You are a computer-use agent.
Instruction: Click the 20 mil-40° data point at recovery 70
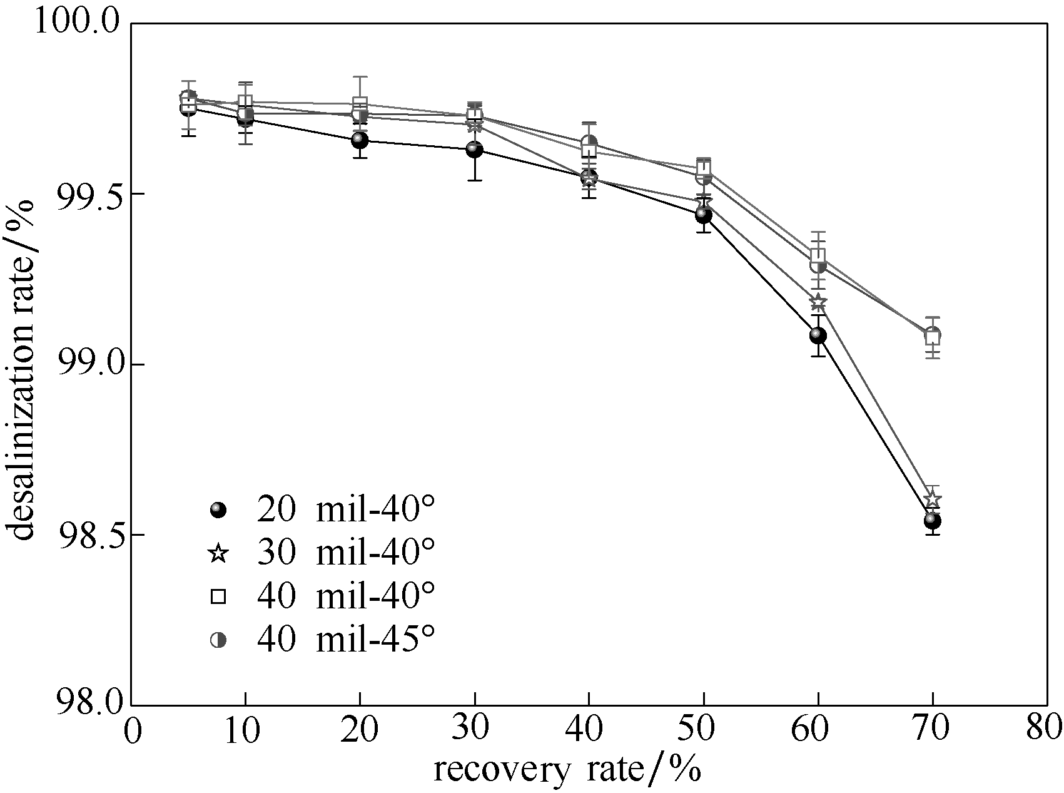coord(933,521)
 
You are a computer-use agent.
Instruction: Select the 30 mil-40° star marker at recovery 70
coord(933,499)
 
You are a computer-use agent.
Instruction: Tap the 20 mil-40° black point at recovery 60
coord(818,335)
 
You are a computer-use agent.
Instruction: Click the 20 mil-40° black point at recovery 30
coord(475,150)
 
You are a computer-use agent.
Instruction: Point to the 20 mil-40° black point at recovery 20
coord(360,140)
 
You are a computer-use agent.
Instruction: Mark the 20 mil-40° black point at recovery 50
coord(704,216)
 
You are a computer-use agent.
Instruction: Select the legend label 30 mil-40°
coord(345,554)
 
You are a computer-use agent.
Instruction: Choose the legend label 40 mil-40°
coord(345,597)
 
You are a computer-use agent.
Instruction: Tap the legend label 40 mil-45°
coord(345,640)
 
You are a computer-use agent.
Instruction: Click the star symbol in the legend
coord(218,554)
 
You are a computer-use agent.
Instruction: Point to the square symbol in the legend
coord(218,597)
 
